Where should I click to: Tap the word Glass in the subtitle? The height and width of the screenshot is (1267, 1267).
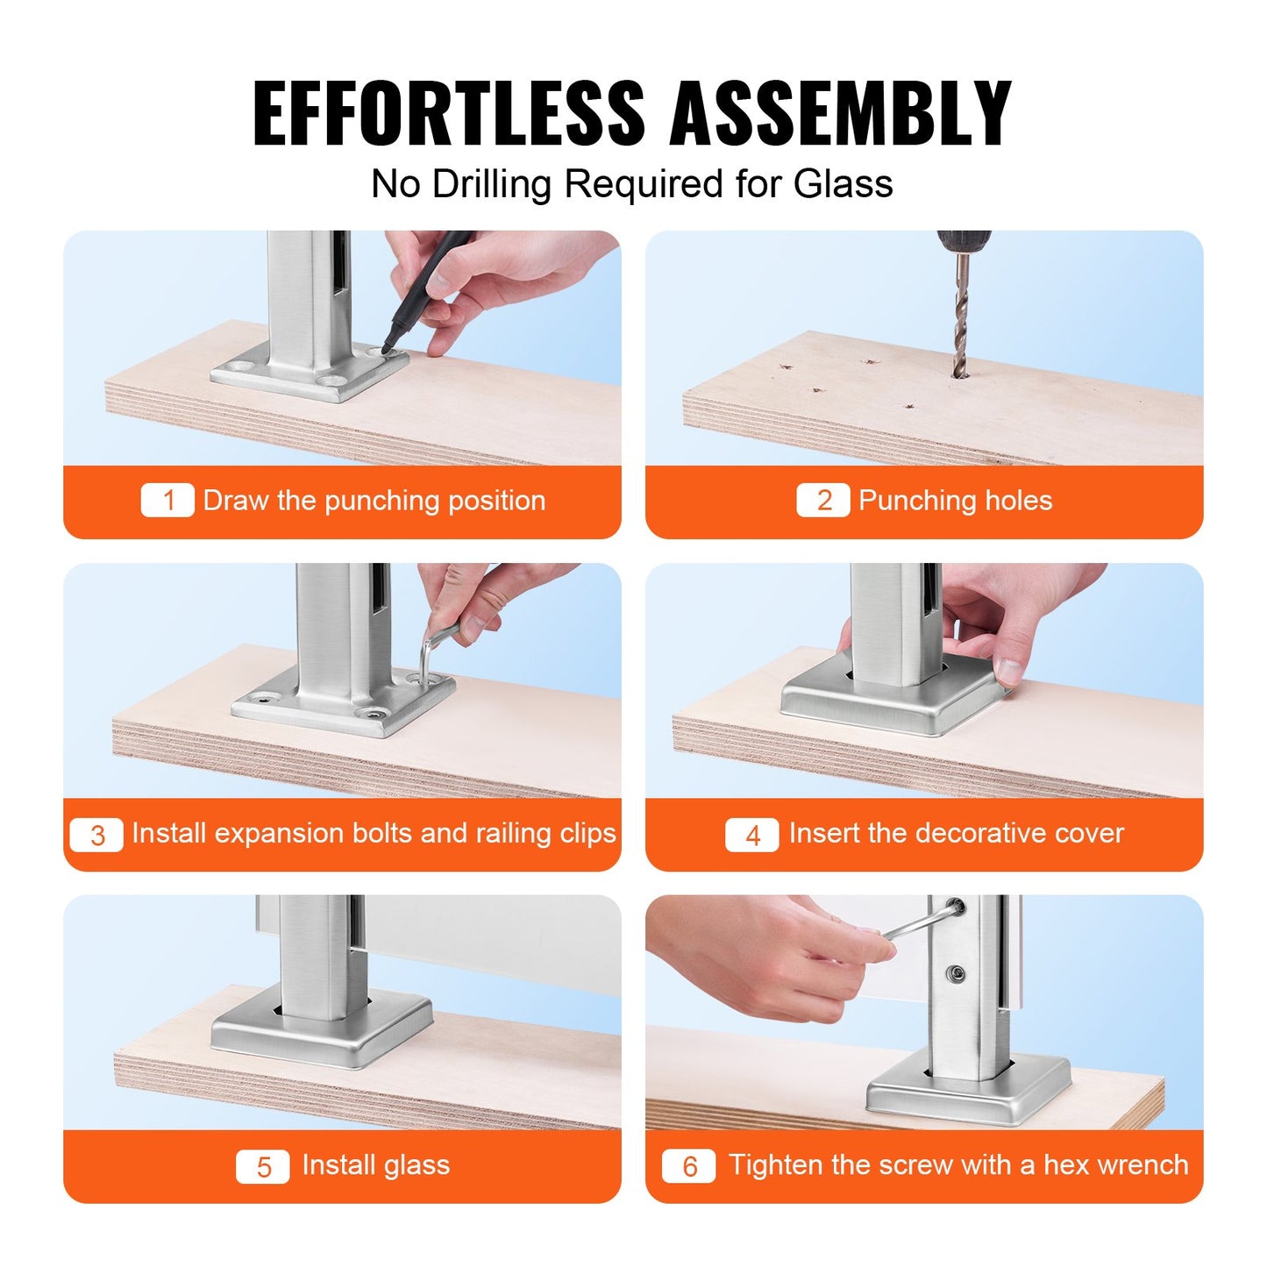(843, 184)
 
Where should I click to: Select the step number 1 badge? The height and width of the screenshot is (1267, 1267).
(167, 501)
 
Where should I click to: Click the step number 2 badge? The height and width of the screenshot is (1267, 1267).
(822, 501)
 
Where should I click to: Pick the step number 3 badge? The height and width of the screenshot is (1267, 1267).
(96, 834)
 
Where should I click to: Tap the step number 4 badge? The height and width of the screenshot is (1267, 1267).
(751, 834)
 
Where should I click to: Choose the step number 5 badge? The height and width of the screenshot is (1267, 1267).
(262, 1166)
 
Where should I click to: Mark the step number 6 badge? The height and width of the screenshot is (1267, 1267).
(688, 1166)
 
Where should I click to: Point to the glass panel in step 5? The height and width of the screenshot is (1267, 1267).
(491, 938)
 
